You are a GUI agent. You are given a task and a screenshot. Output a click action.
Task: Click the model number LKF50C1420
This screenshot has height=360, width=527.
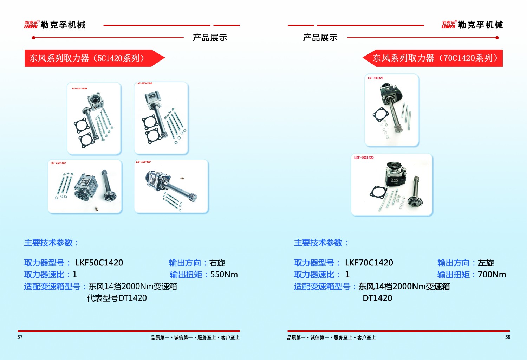[99, 263]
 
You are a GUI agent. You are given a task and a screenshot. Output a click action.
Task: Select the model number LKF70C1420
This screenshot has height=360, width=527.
[369, 263]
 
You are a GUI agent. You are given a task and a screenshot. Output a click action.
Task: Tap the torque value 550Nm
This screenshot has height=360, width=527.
[224, 274]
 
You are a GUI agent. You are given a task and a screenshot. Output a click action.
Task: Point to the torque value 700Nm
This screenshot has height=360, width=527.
[492, 274]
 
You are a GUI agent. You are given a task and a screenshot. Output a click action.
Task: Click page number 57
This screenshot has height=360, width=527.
[20, 337]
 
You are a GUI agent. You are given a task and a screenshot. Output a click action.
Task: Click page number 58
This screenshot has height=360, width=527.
[508, 337]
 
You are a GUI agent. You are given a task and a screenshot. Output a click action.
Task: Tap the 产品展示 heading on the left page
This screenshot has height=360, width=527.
[210, 38]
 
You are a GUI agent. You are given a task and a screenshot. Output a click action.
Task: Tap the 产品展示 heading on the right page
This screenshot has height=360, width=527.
[320, 38]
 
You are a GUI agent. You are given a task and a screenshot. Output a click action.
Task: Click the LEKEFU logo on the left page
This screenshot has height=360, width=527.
[31, 25]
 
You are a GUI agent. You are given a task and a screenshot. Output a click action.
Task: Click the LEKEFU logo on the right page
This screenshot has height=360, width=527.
[449, 25]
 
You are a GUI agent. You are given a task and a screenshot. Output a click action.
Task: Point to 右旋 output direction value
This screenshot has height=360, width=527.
[217, 263]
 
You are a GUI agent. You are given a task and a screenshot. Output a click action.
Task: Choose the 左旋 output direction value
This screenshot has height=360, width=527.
[486, 263]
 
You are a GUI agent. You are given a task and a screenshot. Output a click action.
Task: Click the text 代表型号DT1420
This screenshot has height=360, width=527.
[117, 298]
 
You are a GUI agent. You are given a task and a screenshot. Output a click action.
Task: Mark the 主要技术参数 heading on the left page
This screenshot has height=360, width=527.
[51, 243]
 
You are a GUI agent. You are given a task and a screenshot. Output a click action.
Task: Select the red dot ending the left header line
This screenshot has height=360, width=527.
[33, 38]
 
